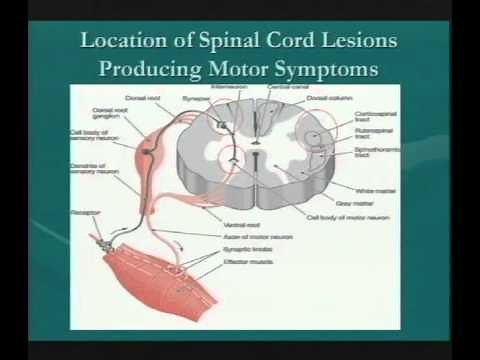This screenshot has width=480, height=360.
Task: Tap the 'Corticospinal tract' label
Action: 371,119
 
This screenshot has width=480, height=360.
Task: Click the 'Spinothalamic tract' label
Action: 372,156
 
